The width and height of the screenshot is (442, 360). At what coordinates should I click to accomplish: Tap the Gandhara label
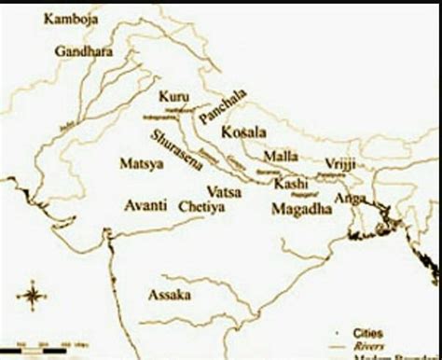[x=82, y=51]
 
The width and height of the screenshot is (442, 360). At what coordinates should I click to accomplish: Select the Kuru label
[x=173, y=97]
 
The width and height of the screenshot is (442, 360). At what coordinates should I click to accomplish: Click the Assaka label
[x=170, y=296]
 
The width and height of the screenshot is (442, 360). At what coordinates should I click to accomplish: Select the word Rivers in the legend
[x=372, y=345]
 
